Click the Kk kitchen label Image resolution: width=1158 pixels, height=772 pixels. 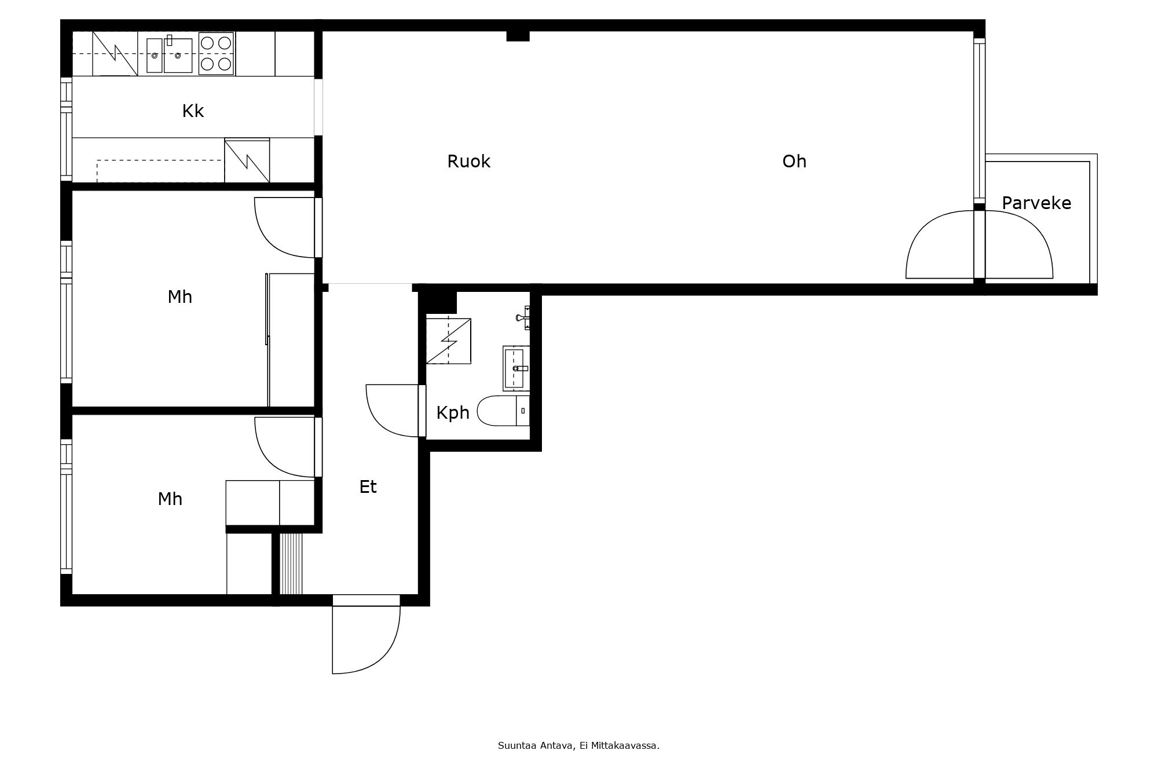[x=193, y=111]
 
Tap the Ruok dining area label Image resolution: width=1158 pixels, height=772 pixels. [x=468, y=162]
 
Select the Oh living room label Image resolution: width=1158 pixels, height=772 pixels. [x=794, y=162]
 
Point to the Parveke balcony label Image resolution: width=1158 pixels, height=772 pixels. [x=1036, y=203]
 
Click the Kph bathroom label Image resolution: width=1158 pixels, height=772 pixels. [x=453, y=413]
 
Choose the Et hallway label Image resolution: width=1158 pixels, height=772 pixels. [x=368, y=487]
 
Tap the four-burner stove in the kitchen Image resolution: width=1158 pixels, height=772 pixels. [x=217, y=53]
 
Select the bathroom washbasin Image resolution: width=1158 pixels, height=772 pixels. [x=515, y=368]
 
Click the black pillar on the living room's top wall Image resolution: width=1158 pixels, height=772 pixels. [x=518, y=36]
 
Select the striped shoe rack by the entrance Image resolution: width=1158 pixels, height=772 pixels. [x=291, y=564]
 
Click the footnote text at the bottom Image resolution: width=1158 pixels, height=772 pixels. [x=578, y=746]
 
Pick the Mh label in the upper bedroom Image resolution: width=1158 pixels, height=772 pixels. [x=179, y=297]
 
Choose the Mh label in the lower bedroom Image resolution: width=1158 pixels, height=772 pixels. [x=170, y=499]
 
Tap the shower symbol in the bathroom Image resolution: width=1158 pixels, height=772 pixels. [x=448, y=341]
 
